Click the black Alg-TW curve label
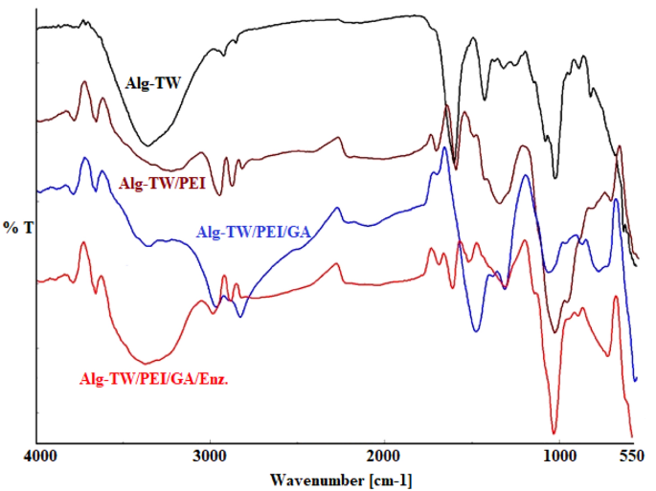coord(152,82)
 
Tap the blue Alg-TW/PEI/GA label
coord(255,231)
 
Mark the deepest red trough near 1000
coord(554,433)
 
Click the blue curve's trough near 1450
coord(476,331)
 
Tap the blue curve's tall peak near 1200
coord(524,176)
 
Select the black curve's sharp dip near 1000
coord(555,178)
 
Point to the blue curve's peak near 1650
coord(444,148)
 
